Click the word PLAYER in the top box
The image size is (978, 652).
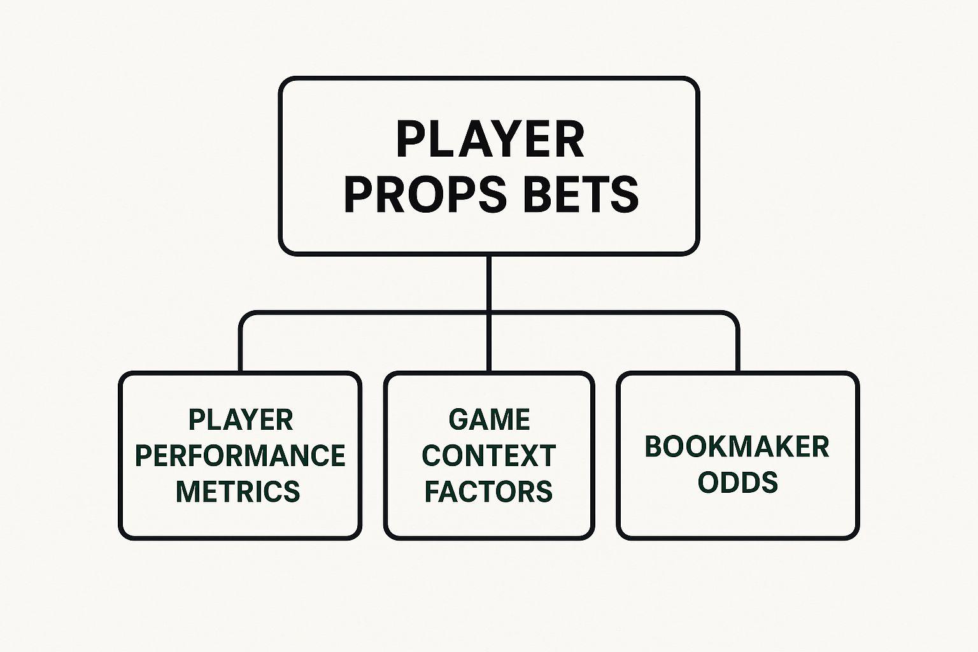point(490,139)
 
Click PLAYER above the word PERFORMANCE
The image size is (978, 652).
point(241,420)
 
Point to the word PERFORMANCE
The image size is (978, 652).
point(241,455)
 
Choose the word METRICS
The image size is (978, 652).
point(238,492)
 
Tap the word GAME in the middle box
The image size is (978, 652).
point(489,420)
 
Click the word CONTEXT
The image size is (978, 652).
point(489,455)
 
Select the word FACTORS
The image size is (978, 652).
point(488,492)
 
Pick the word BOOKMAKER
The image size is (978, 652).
point(737,447)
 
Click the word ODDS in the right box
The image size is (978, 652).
point(738,483)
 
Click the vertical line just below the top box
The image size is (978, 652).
point(489,283)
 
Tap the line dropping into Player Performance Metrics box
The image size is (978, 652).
point(240,350)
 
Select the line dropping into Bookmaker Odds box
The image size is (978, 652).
point(738,350)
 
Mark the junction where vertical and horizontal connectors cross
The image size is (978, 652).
point(489,313)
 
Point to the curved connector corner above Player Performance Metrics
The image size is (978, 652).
point(244,316)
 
